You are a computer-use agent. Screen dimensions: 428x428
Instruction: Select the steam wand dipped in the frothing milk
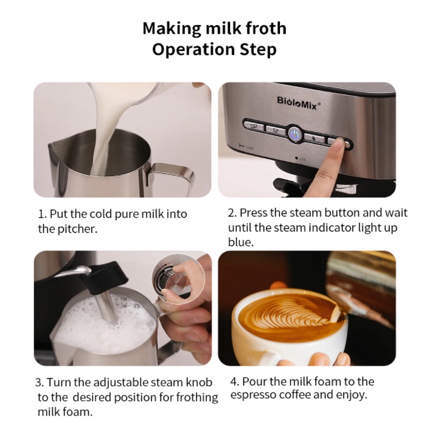pos(107,306)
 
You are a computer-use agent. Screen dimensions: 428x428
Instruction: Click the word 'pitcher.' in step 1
pos(77,229)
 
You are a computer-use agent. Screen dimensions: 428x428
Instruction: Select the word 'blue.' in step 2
pos(241,242)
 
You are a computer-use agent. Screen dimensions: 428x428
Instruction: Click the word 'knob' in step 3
pos(199,382)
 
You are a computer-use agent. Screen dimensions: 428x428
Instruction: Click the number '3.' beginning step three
pos(40,382)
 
